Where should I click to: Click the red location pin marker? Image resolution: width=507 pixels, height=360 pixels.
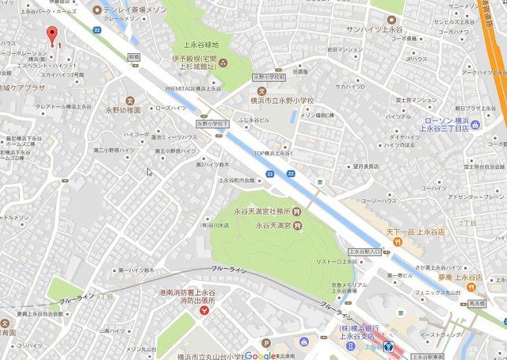[53, 36]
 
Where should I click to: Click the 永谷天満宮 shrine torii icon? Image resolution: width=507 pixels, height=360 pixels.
[295, 225]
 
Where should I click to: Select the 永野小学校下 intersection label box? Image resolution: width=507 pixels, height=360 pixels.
[212, 124]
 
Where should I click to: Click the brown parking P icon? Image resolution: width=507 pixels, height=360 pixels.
[266, 343]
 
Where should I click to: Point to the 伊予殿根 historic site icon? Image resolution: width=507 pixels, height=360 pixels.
[224, 63]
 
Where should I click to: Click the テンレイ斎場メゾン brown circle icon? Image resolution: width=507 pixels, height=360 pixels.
[97, 10]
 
